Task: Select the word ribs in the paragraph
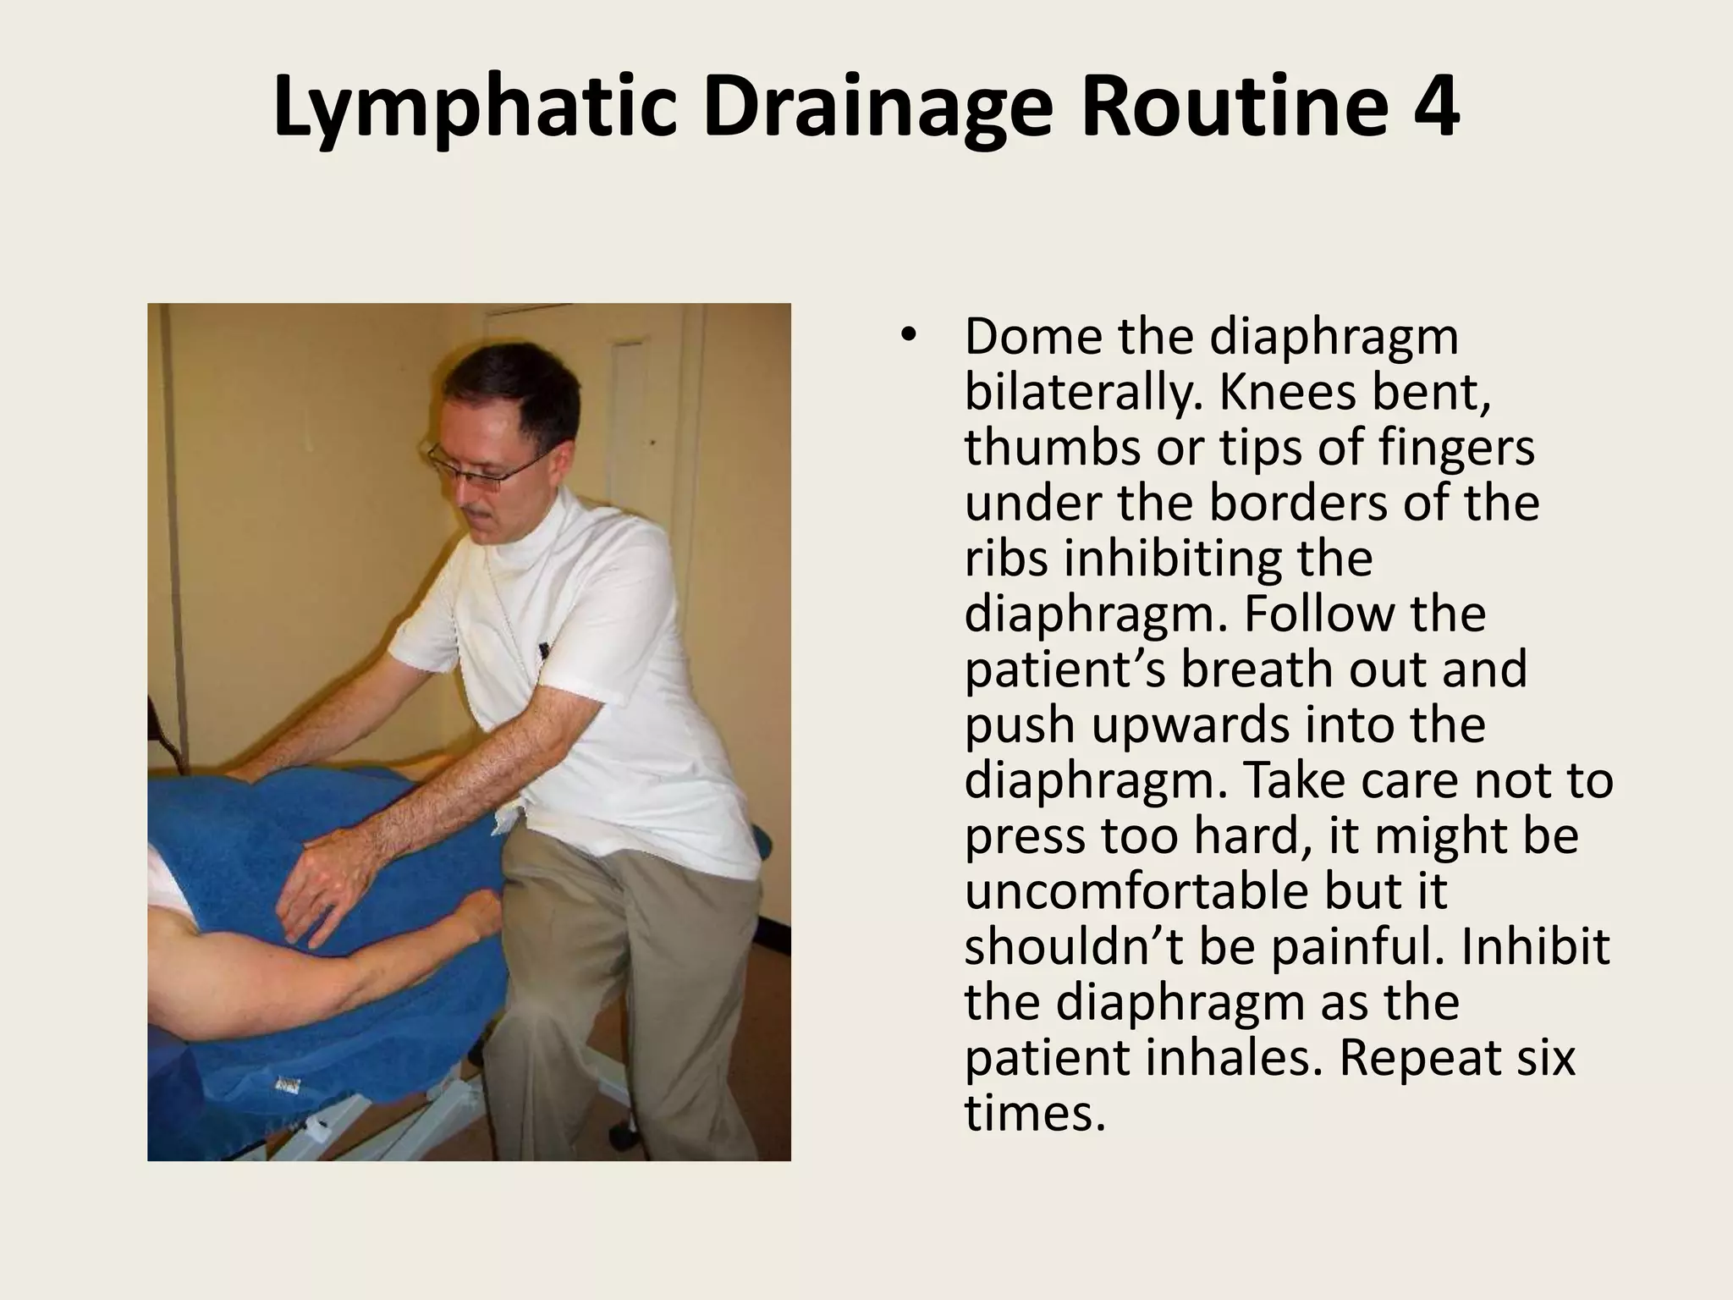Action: click(x=1007, y=559)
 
